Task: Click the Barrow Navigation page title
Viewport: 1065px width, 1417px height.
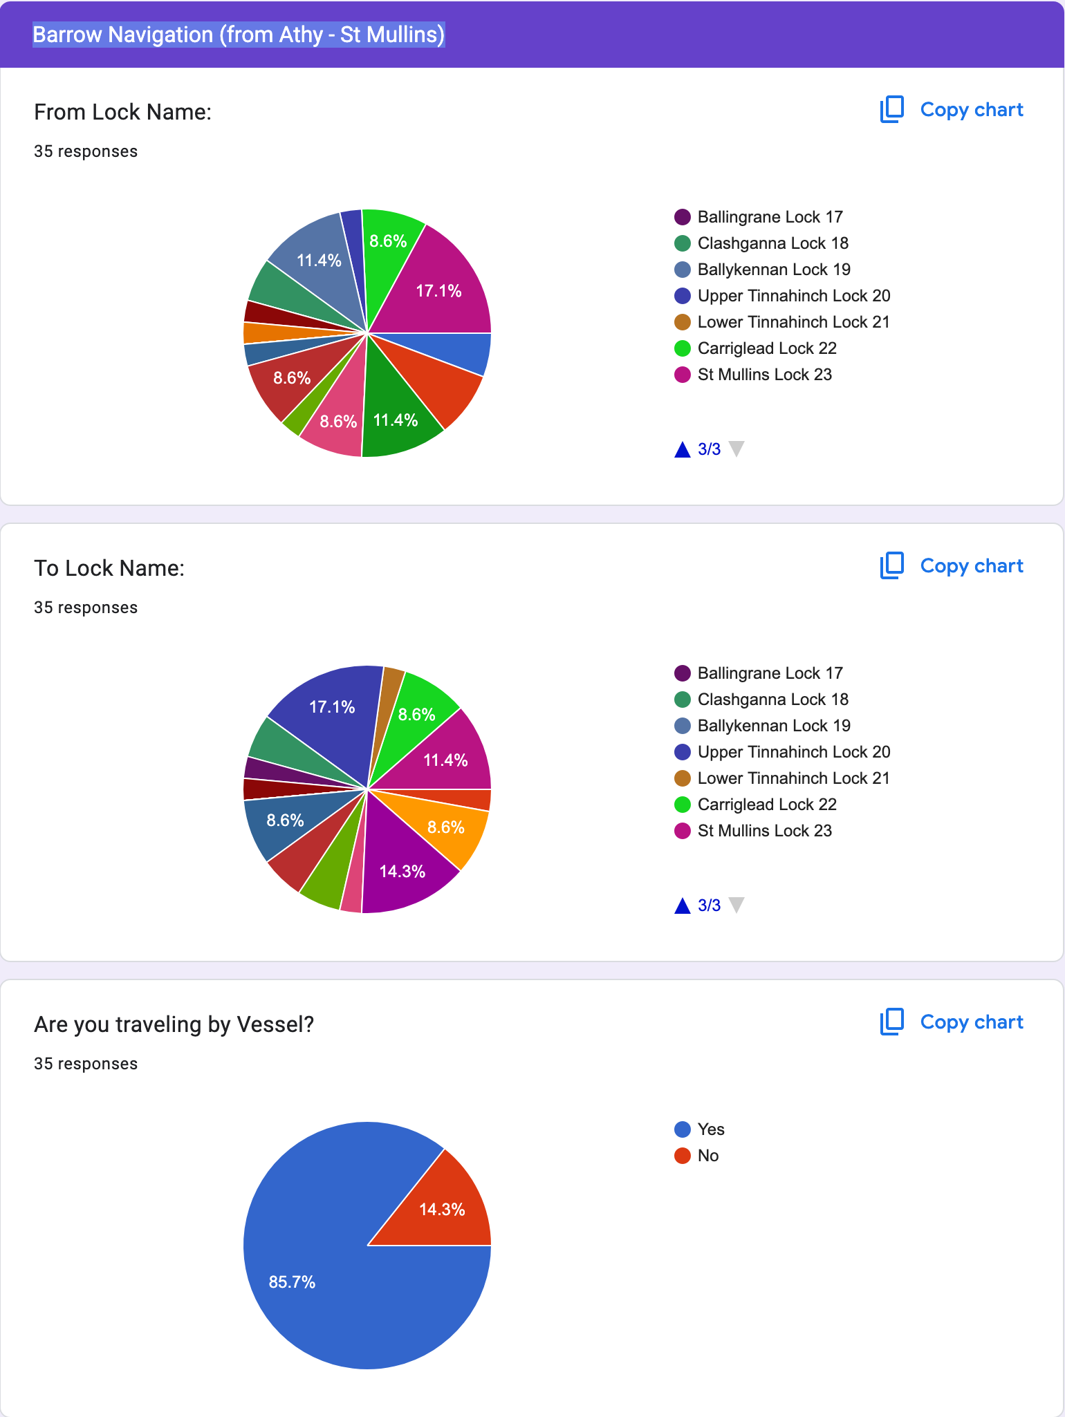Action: click(x=239, y=35)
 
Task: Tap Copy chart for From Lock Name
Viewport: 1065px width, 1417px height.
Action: click(x=952, y=110)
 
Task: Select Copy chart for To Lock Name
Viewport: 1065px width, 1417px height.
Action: click(x=952, y=566)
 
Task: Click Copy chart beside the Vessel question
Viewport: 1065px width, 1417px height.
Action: click(x=952, y=1022)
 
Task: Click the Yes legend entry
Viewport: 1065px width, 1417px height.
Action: click(x=710, y=1129)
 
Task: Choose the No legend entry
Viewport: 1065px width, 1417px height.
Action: click(x=707, y=1156)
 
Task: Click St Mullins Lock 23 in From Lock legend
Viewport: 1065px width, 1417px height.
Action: click(x=764, y=375)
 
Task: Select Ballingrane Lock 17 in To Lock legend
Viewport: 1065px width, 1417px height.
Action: click(x=770, y=673)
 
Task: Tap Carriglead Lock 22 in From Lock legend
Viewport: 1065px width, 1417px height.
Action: click(x=766, y=348)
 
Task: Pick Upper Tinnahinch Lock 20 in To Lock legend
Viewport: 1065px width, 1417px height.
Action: click(x=793, y=752)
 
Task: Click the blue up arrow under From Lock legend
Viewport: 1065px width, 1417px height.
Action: click(x=683, y=450)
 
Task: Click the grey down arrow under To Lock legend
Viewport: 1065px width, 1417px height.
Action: click(x=737, y=905)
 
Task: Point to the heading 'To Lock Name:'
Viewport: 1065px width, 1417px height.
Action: click(x=109, y=568)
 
